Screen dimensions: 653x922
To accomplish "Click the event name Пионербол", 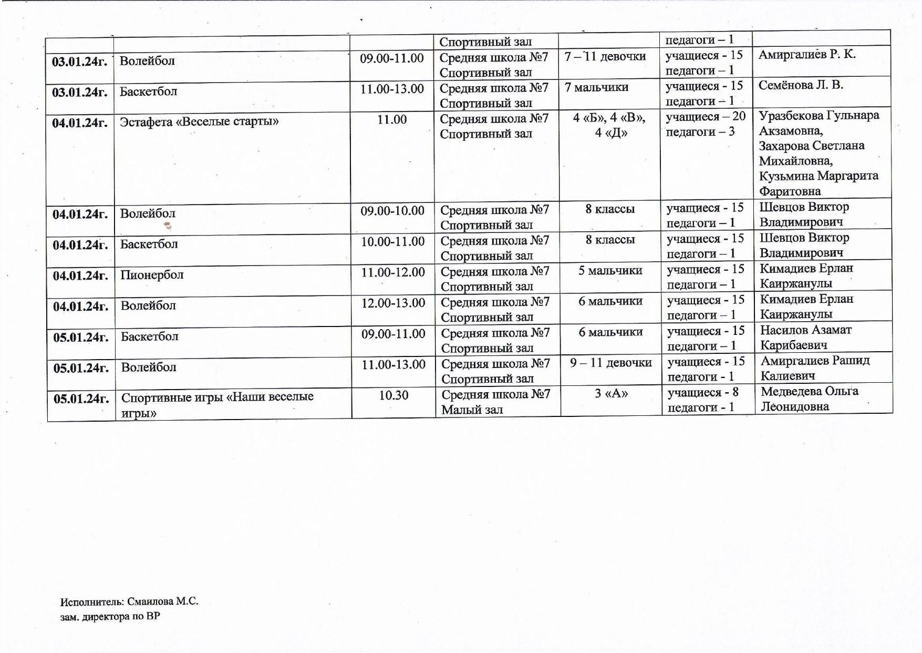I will coord(152,275).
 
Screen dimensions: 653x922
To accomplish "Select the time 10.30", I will coord(393,395).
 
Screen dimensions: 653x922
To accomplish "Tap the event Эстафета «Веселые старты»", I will coord(199,122).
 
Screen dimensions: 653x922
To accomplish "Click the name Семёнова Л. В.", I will coord(801,85).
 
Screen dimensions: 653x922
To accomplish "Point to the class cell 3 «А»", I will coord(611,393).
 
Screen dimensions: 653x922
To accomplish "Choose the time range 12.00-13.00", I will coord(393,303).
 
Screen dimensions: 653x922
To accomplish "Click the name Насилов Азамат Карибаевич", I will coord(805,338).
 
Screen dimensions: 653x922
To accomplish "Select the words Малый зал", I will coord(472,410).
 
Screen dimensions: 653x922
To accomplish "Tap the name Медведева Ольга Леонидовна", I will coord(809,399).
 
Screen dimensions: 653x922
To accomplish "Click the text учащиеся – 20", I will coord(706,117).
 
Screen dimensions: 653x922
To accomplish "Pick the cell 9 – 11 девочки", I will coord(610,363).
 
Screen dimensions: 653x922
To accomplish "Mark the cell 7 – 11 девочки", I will coord(605,56).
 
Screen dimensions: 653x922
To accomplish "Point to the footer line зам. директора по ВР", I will coord(110,616).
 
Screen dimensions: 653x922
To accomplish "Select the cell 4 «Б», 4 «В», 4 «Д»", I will coord(609,125).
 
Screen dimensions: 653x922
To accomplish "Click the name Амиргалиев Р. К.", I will coord(807,54).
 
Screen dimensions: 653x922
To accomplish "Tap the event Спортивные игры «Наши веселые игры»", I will coord(217,404).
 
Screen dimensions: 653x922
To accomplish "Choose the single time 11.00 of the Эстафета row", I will coord(392,120).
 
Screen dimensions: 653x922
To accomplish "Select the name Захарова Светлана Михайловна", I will coord(811,153).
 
